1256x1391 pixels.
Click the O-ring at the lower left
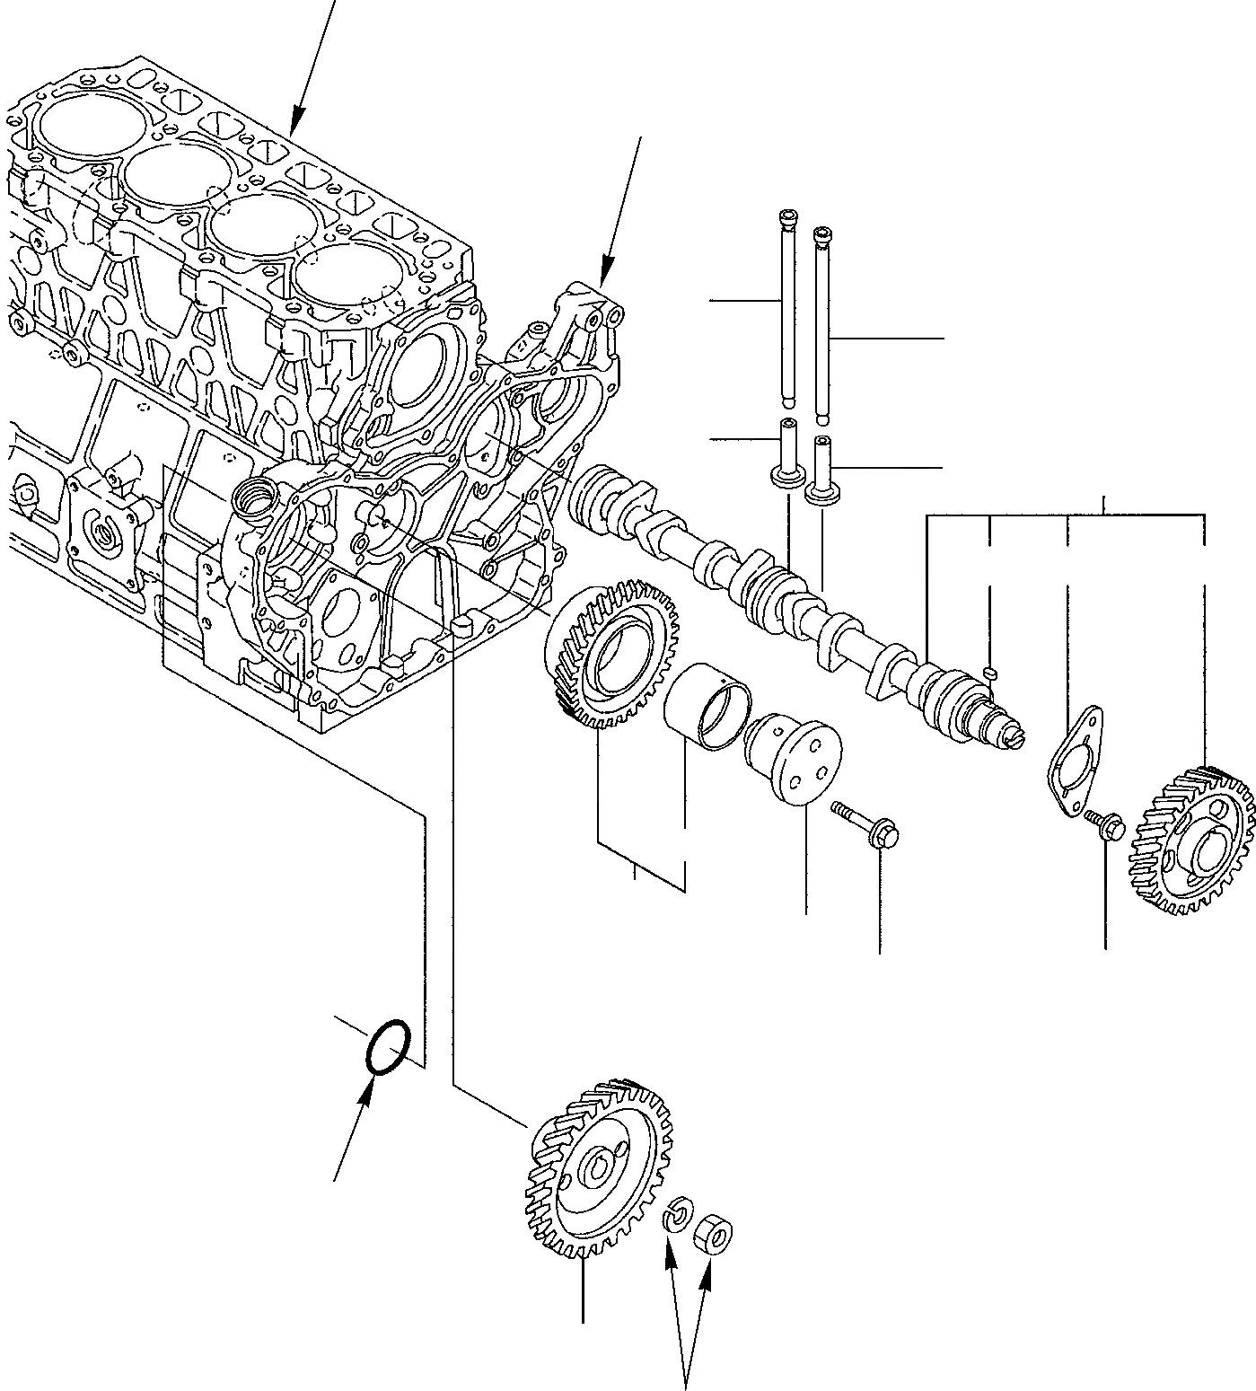pos(390,1046)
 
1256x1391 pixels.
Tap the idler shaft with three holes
pos(795,755)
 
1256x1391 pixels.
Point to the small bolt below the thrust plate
pos(1104,823)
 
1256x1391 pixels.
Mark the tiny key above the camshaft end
pos(991,671)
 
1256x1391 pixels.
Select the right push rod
pos(821,323)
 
